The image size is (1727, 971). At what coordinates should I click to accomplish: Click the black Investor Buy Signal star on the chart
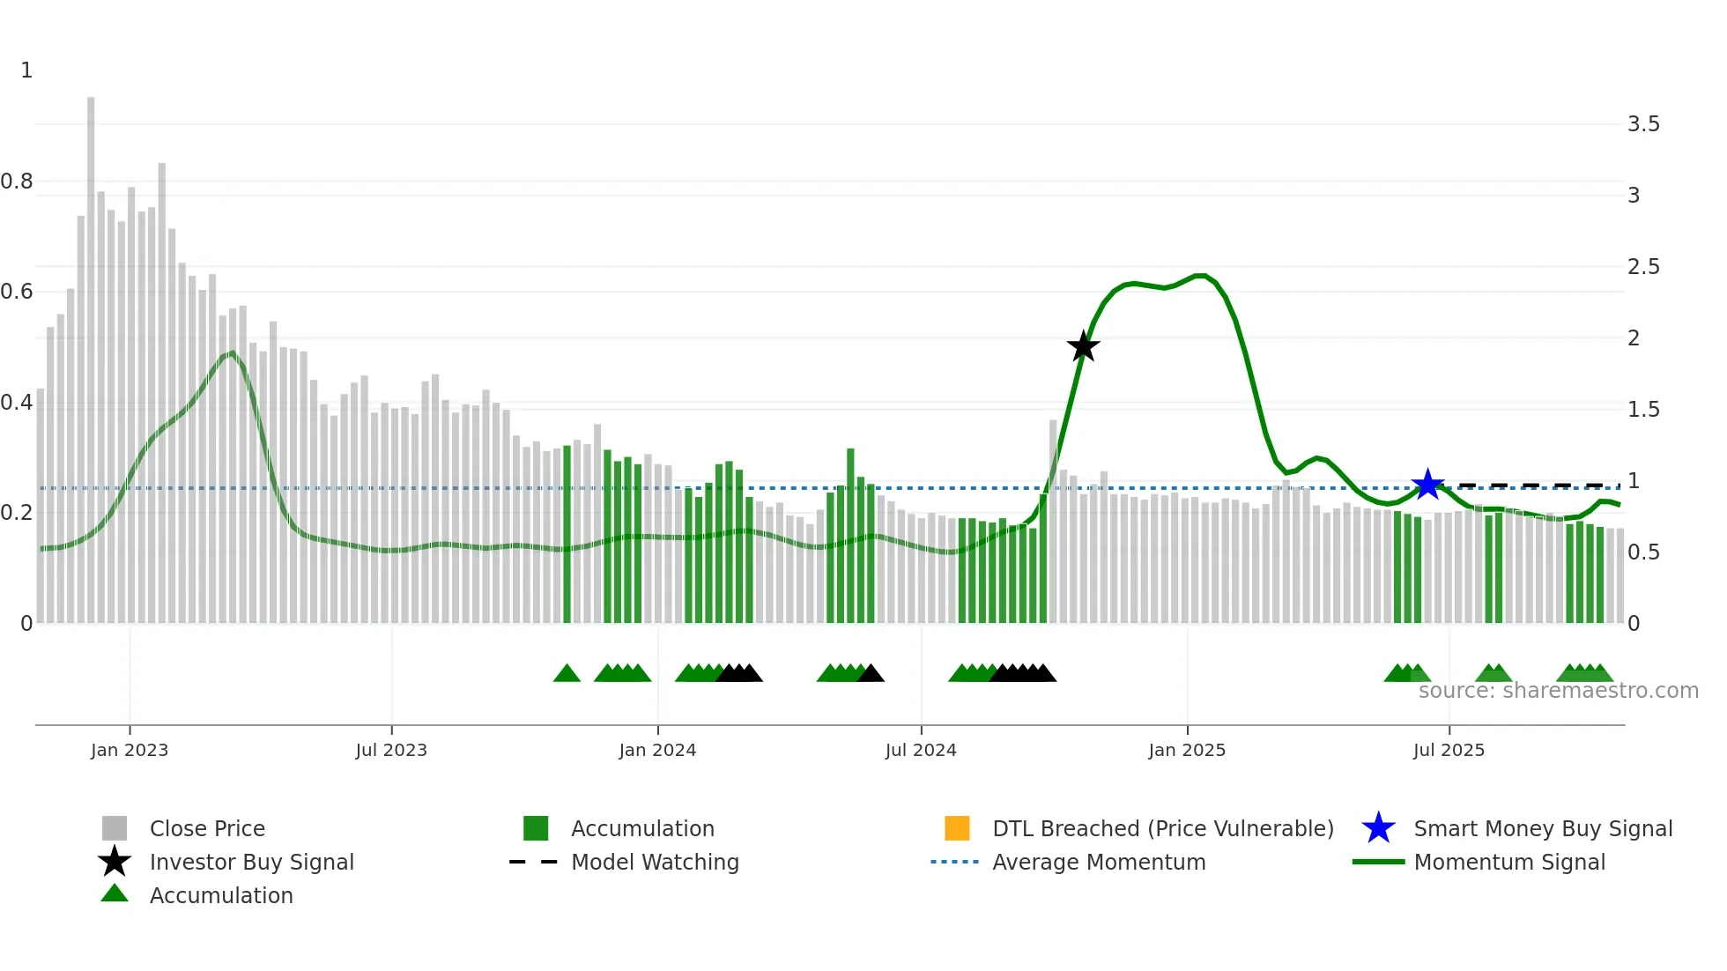pyautogui.click(x=1083, y=346)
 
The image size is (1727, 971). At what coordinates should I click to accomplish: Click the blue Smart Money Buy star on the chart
pyautogui.click(x=1427, y=484)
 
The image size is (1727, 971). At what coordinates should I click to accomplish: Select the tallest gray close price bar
pyautogui.click(x=91, y=352)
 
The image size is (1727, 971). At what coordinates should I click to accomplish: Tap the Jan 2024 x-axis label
pyautogui.click(x=657, y=750)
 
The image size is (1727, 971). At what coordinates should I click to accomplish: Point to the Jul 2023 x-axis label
pyautogui.click(x=391, y=750)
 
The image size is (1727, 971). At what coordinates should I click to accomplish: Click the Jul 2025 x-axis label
pyautogui.click(x=1449, y=750)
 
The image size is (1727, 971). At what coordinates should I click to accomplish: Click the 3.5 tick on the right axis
pyautogui.click(x=1642, y=124)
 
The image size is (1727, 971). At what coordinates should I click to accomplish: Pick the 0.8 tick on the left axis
pyautogui.click(x=18, y=182)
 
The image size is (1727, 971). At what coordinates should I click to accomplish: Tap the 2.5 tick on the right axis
pyautogui.click(x=1642, y=267)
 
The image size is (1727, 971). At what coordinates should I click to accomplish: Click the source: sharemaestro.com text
pyautogui.click(x=1558, y=691)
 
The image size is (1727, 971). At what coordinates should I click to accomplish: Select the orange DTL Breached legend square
pyautogui.click(x=957, y=828)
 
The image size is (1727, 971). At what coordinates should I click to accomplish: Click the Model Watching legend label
pyautogui.click(x=655, y=862)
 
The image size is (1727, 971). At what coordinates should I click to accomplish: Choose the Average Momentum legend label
pyautogui.click(x=1099, y=862)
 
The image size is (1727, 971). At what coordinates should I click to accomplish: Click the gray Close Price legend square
pyautogui.click(x=115, y=828)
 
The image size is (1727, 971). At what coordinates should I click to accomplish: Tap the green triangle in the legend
pyautogui.click(x=115, y=893)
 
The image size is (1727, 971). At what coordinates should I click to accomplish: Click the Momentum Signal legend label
pyautogui.click(x=1509, y=862)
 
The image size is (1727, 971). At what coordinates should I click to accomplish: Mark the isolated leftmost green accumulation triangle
pyautogui.click(x=567, y=674)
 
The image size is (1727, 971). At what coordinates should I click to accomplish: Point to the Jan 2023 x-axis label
pyautogui.click(x=130, y=750)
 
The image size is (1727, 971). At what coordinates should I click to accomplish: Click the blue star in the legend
pyautogui.click(x=1378, y=828)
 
